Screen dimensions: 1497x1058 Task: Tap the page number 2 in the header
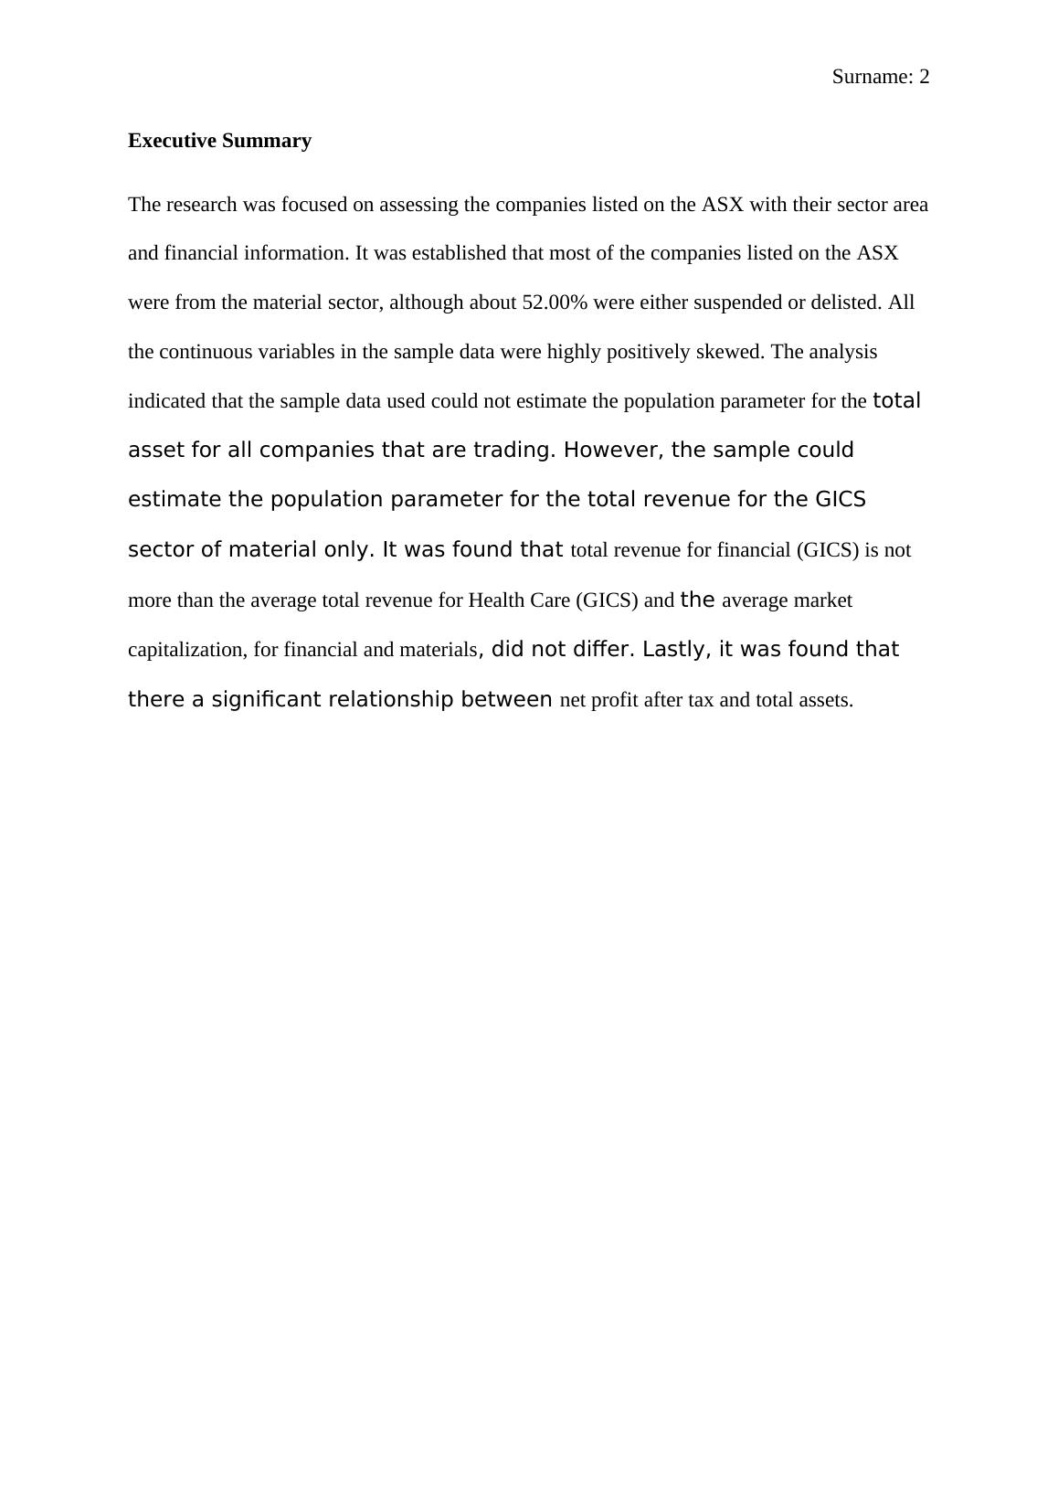[924, 78]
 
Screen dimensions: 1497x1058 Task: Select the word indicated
[167, 401]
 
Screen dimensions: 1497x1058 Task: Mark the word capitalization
[186, 650]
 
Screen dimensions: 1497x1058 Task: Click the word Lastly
[676, 650]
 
